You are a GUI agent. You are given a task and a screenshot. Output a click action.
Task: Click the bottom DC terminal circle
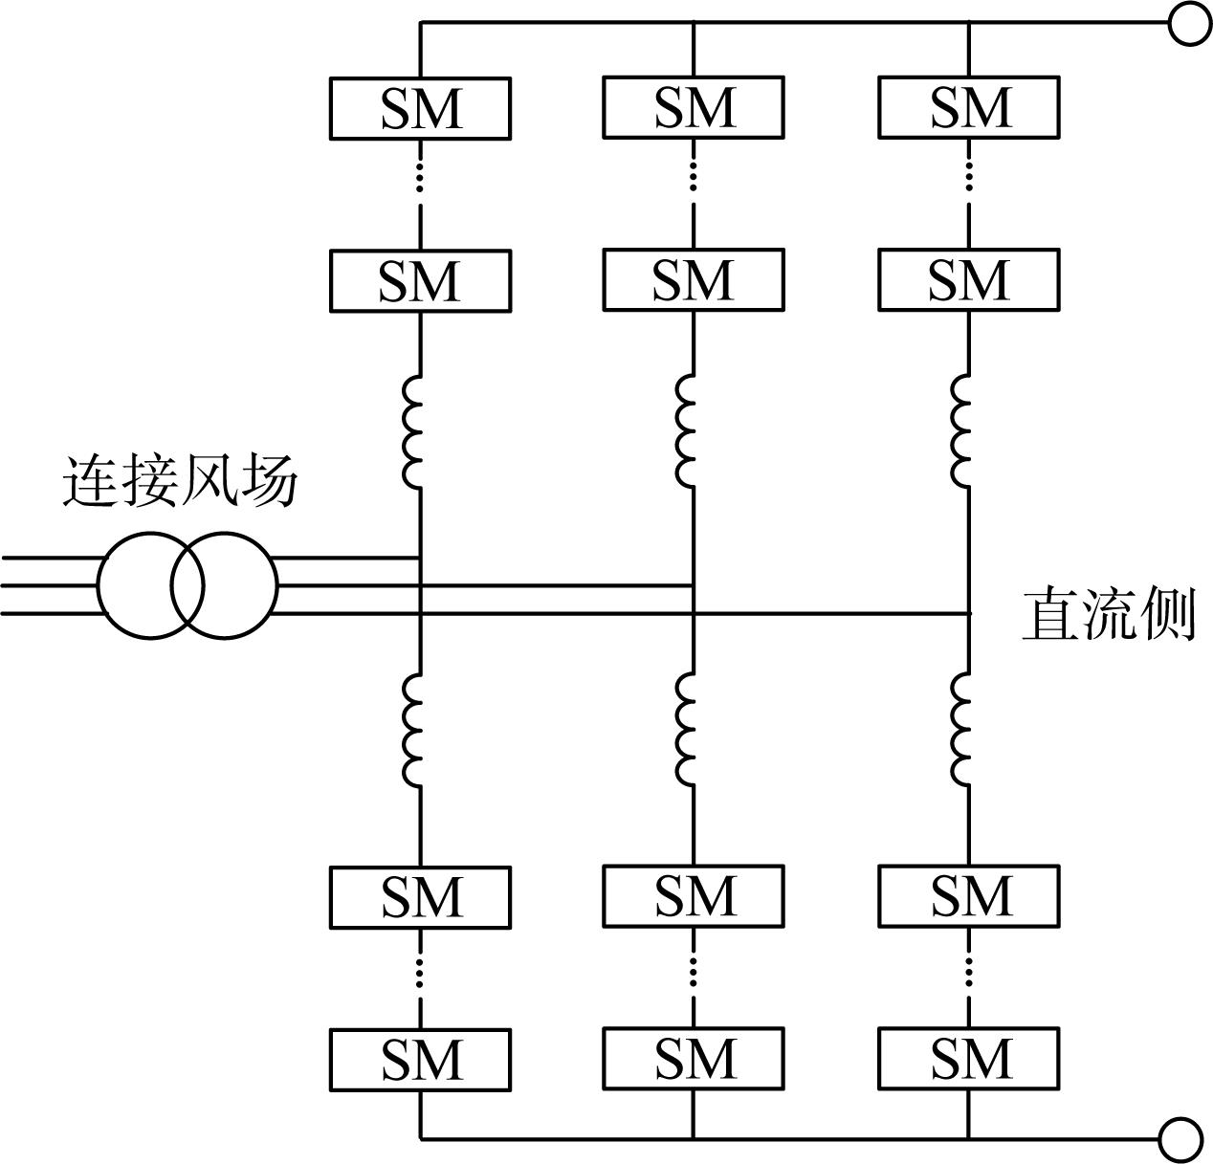tap(1180, 1140)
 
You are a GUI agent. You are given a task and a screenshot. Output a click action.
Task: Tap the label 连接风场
tap(180, 482)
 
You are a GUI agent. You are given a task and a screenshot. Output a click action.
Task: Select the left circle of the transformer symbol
tap(98, 585)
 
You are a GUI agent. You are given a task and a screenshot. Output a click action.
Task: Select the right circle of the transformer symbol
tap(277, 585)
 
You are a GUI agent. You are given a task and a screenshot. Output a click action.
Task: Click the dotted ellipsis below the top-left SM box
tap(420, 174)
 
